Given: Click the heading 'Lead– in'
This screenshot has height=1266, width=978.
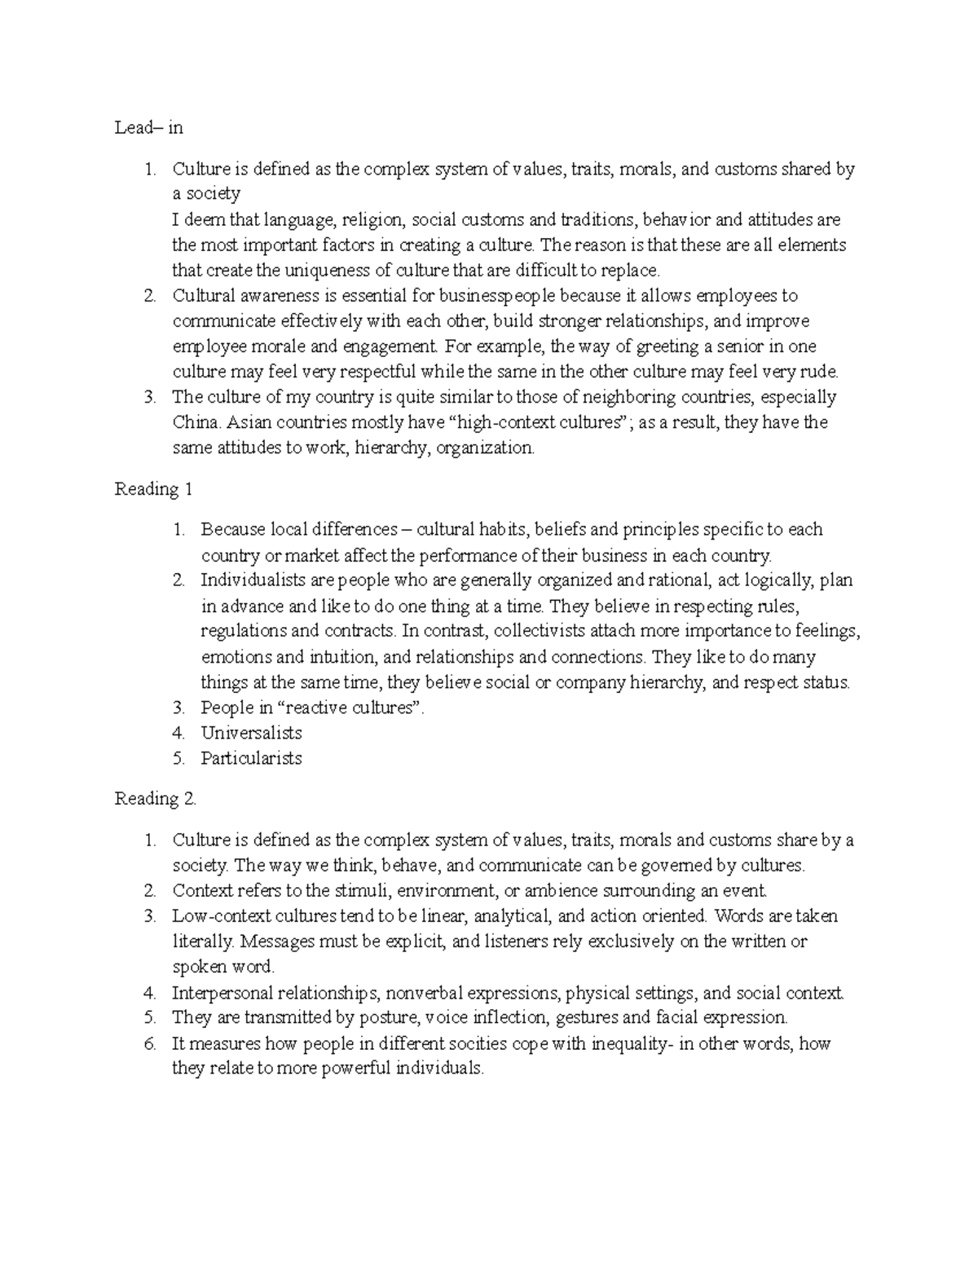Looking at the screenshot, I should [x=149, y=128].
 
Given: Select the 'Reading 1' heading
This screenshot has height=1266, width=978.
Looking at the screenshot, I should [x=153, y=489].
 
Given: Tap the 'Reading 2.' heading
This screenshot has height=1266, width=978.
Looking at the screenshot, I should [x=156, y=799].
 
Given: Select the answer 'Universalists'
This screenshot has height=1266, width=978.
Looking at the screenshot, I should [x=251, y=733].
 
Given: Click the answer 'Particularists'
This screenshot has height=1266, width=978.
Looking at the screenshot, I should [x=251, y=758].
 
